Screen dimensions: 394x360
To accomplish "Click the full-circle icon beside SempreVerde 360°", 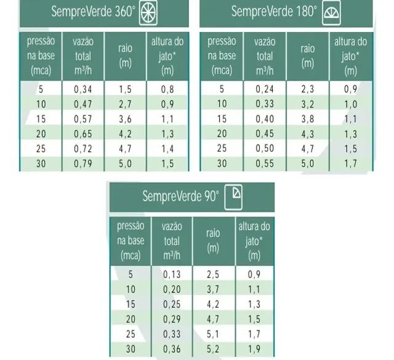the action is [148, 12].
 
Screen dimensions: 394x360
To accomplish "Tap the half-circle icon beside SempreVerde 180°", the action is [331, 13].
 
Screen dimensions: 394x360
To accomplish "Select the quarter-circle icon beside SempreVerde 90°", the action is [233, 197].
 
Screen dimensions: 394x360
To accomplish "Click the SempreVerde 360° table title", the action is [93, 12].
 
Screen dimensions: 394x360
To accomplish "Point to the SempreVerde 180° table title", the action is [274, 12].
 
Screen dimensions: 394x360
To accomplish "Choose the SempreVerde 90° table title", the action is [181, 196].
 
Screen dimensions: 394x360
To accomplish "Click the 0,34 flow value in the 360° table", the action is [83, 89].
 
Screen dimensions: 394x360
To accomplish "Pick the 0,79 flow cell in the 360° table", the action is [83, 164].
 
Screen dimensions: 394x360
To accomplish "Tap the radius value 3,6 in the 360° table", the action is [125, 119].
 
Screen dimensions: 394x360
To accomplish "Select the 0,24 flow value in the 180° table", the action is [265, 89].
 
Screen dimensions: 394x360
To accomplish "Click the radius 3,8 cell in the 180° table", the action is [308, 119].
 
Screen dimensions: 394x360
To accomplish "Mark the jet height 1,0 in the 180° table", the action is [350, 104].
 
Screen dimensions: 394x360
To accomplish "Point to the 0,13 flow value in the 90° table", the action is [172, 274].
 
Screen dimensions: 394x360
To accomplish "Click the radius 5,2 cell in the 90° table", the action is [213, 349].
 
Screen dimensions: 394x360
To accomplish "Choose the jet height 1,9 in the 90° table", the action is [254, 349].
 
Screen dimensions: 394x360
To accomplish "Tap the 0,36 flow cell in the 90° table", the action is [172, 349].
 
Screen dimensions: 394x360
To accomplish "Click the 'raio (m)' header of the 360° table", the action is [125, 56].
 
